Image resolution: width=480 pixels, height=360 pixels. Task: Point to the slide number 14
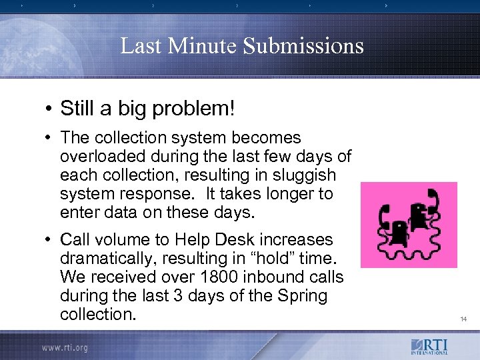coord(463,319)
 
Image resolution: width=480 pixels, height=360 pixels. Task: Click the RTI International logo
coord(429,347)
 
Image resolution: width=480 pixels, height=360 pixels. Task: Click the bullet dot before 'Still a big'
coord(50,108)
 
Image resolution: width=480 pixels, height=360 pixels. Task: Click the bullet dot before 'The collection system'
coord(50,139)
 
